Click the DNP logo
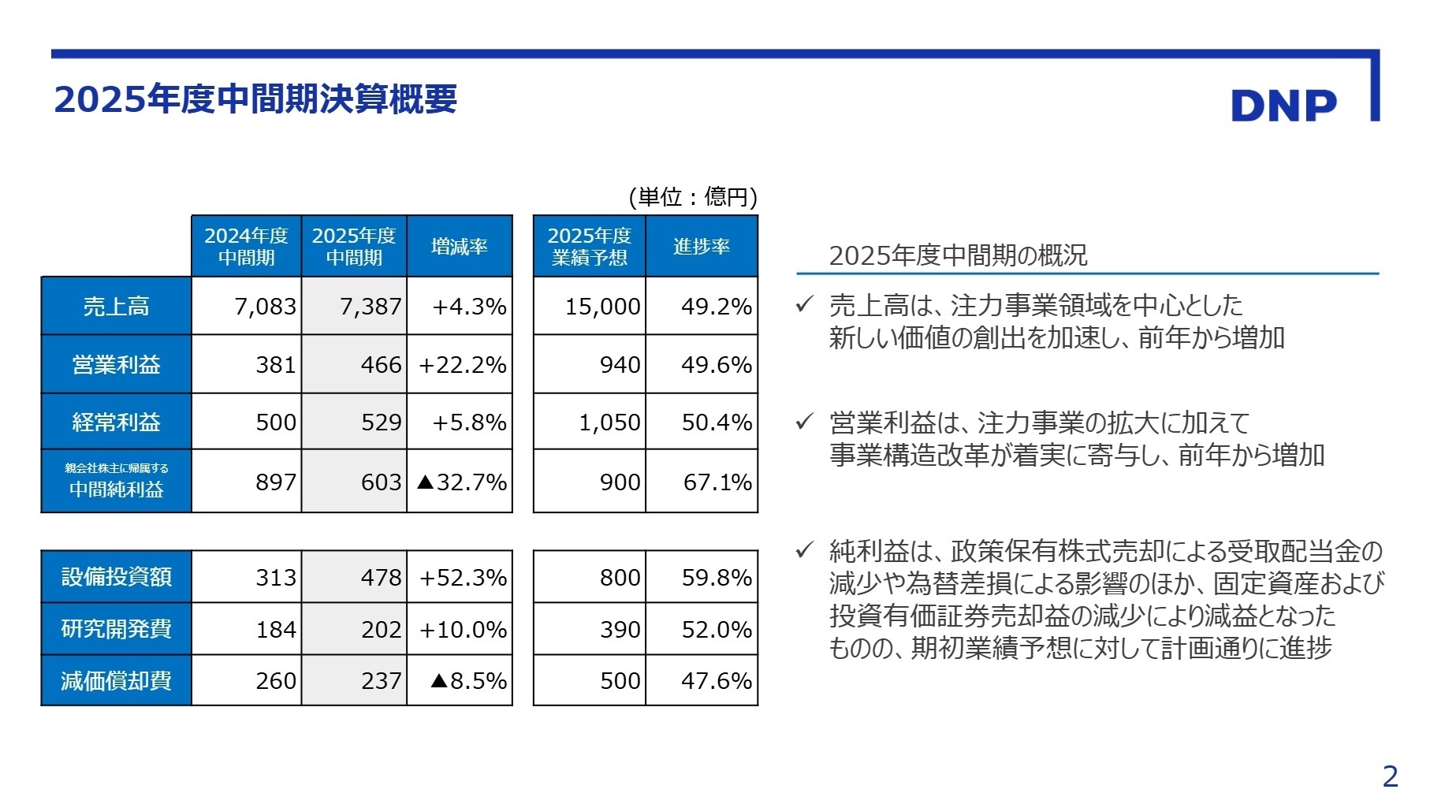pos(1283,106)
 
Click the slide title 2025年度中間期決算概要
pos(255,99)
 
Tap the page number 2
pos(1390,776)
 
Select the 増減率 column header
pos(460,247)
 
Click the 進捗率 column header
pos(701,247)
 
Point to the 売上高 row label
pos(116,306)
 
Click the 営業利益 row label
pos(116,364)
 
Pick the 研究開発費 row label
pos(116,629)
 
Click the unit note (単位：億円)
pos(692,196)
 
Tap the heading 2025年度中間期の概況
pos(958,255)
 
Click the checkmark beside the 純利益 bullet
pos(804,549)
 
